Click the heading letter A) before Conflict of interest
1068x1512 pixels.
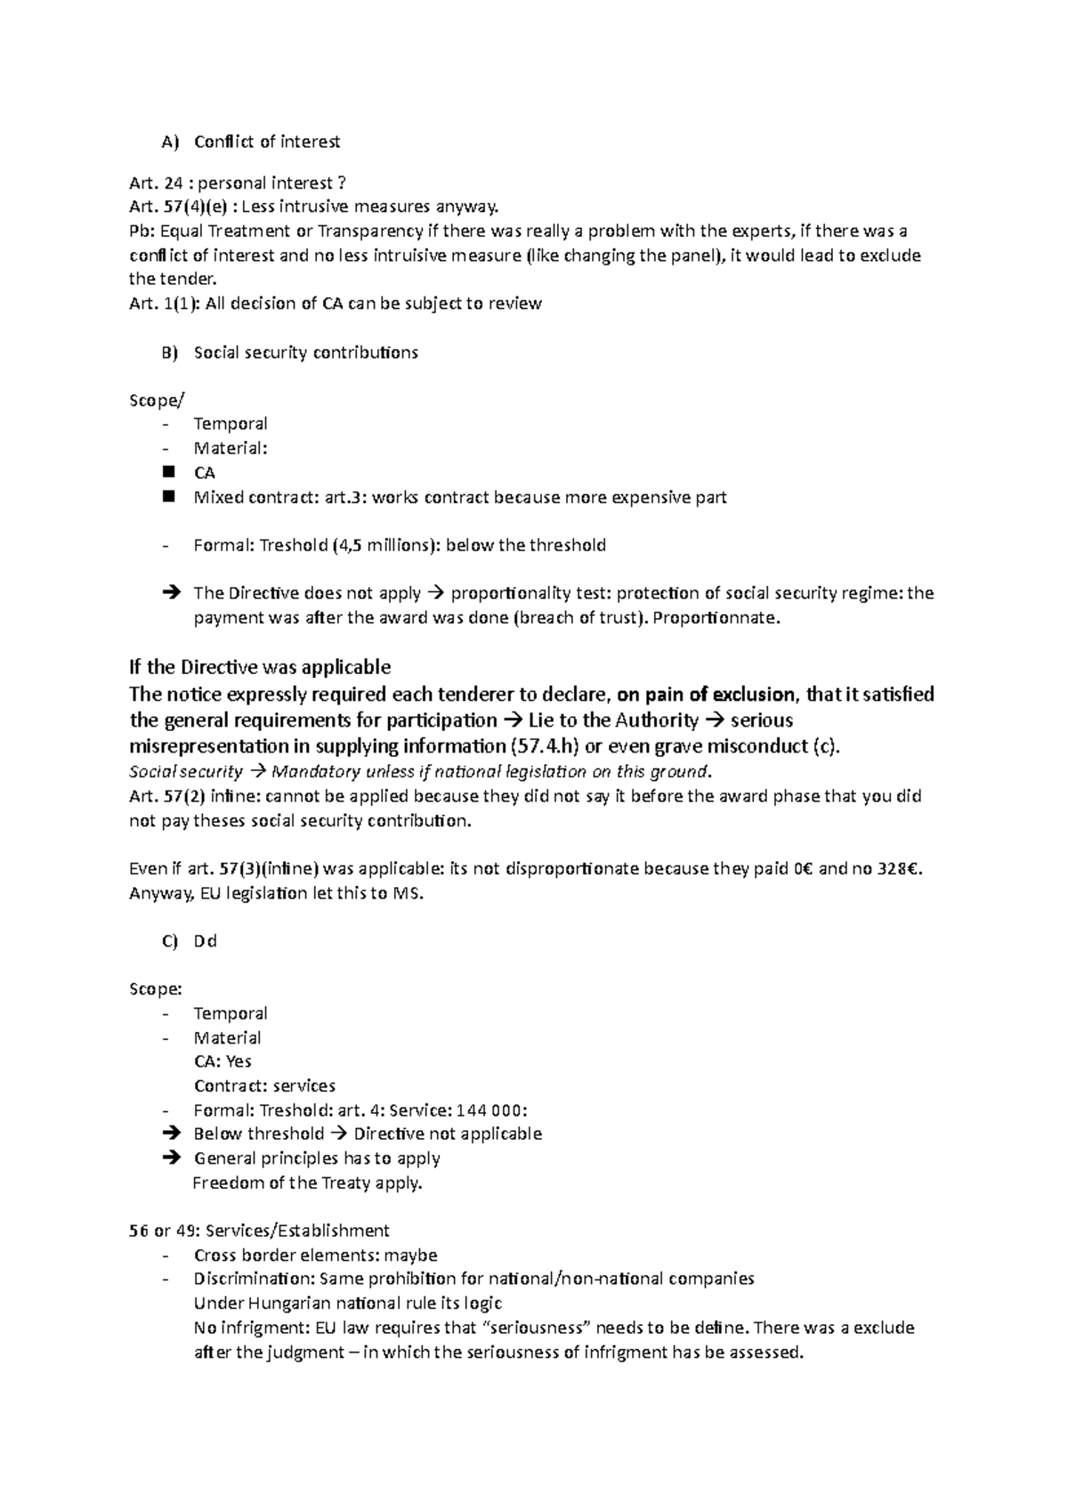(169, 142)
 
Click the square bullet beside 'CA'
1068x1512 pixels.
(168, 473)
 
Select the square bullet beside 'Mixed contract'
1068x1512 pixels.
(168, 497)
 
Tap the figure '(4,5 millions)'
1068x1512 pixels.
(384, 545)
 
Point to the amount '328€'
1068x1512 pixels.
(898, 869)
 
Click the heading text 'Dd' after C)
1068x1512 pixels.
(205, 941)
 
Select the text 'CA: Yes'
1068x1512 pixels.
(222, 1061)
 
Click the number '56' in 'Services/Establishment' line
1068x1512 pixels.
(139, 1232)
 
